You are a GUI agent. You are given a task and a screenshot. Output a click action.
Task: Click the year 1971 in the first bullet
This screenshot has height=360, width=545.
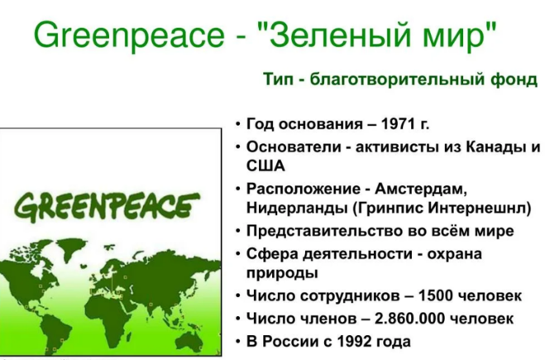pyautogui.click(x=398, y=123)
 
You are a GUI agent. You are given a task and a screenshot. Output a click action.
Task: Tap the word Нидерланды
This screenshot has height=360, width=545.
pyautogui.click(x=297, y=208)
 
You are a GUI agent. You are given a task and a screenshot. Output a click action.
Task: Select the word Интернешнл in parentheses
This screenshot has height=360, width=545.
pyautogui.click(x=480, y=208)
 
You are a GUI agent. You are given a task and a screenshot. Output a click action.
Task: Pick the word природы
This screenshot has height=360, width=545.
pyautogui.click(x=282, y=273)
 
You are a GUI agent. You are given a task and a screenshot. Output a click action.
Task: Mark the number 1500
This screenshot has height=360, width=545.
pyautogui.click(x=436, y=295)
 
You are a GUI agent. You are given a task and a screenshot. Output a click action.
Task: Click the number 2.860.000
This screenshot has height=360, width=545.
pyautogui.click(x=410, y=319)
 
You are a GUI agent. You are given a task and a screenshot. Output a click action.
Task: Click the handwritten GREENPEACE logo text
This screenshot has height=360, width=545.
pyautogui.click(x=107, y=207)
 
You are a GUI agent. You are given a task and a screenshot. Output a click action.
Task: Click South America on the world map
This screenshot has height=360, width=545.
pyautogui.click(x=55, y=330)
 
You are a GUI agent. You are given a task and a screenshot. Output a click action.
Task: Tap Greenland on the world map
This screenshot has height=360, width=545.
pyautogui.click(x=72, y=245)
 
